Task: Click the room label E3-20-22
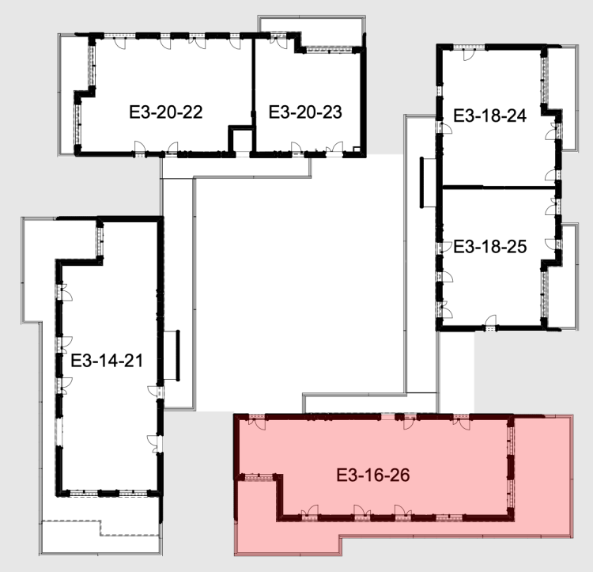pyautogui.click(x=166, y=112)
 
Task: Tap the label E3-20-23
pyautogui.click(x=305, y=112)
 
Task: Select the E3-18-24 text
pyautogui.click(x=489, y=116)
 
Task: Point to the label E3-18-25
pyautogui.click(x=489, y=247)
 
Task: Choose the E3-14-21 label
pyautogui.click(x=107, y=361)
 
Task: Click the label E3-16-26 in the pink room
pyautogui.click(x=373, y=475)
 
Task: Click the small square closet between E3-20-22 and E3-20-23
pyautogui.click(x=242, y=140)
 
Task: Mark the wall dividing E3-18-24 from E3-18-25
pyautogui.click(x=499, y=188)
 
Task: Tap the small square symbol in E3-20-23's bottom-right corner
pyautogui.click(x=357, y=150)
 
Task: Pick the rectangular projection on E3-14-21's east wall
pyautogui.click(x=172, y=355)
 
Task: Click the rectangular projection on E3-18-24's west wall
pyautogui.click(x=428, y=183)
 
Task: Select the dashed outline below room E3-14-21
pyautogui.click(x=100, y=528)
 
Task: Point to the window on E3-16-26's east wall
pyautogui.click(x=511, y=468)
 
